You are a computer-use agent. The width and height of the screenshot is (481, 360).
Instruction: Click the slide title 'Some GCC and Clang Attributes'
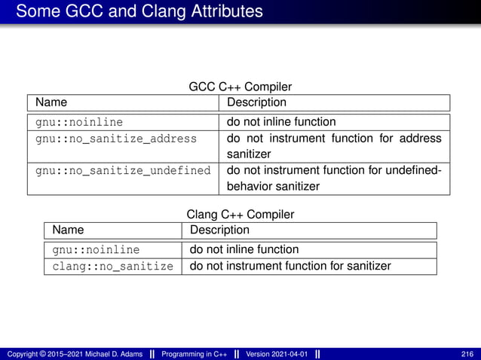[139, 12]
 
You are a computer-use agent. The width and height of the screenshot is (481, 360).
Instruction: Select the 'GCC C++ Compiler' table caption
[240, 87]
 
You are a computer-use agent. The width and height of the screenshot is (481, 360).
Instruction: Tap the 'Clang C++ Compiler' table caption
[240, 215]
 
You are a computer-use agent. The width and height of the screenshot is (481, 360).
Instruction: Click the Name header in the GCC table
[51, 102]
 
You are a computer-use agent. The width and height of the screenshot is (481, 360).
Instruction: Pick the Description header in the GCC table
[256, 102]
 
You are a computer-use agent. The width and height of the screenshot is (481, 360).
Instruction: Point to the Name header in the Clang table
[68, 230]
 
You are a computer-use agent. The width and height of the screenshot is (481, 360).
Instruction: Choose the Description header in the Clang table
[219, 230]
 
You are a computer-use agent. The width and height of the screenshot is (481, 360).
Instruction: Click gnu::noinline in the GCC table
[79, 122]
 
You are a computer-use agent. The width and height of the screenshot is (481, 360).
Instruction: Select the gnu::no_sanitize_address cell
[116, 139]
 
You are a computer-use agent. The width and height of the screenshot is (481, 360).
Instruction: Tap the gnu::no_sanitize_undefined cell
[123, 170]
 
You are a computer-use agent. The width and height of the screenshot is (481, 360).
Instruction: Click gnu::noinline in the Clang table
[96, 249]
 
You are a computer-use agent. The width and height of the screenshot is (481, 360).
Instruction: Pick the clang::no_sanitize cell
[112, 266]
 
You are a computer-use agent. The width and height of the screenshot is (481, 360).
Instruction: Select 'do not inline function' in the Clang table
[244, 249]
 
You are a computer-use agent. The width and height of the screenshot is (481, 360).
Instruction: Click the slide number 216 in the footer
[467, 354]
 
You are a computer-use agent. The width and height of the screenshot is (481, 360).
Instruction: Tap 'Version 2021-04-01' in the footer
[277, 354]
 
